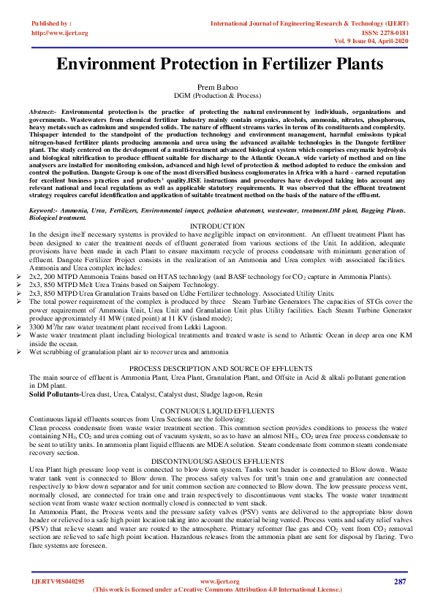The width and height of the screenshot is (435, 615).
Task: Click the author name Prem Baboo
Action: [x=217, y=87]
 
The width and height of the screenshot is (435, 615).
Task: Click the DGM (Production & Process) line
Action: [x=217, y=96]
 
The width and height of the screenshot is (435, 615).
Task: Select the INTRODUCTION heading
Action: [x=217, y=226]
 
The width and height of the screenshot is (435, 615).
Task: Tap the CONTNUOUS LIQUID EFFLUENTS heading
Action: [x=217, y=411]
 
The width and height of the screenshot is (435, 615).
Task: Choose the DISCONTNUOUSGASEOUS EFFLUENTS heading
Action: [x=217, y=461]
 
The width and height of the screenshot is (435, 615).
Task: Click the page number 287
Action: [x=399, y=581]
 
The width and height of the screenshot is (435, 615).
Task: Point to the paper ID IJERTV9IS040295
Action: [x=58, y=581]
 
